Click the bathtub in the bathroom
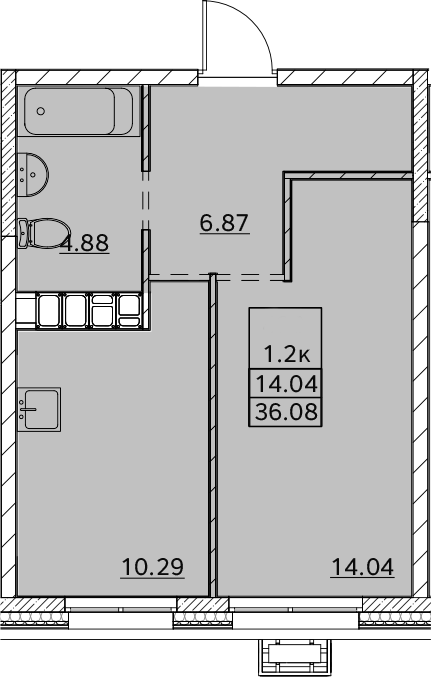pyautogui.click(x=79, y=111)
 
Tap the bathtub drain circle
pyautogui.click(x=41, y=111)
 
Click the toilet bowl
pyautogui.click(x=44, y=233)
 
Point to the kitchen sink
pyautogui.click(x=39, y=409)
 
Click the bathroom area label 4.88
pyautogui.click(x=85, y=243)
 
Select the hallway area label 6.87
pyautogui.click(x=225, y=223)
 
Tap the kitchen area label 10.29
pyautogui.click(x=153, y=567)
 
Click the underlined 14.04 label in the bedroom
pyautogui.click(x=362, y=567)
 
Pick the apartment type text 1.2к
pyautogui.click(x=287, y=355)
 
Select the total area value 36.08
pyautogui.click(x=286, y=411)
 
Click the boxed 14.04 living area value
pyautogui.click(x=286, y=384)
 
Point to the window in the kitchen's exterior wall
pyautogui.click(x=121, y=605)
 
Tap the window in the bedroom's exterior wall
pyautogui.click(x=296, y=605)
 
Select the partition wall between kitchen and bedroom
pyautogui.click(x=212, y=435)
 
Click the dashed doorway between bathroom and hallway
pyautogui.click(x=146, y=201)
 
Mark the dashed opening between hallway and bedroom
pyautogui.click(x=216, y=277)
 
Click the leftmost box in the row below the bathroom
pyautogui.click(x=49, y=310)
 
